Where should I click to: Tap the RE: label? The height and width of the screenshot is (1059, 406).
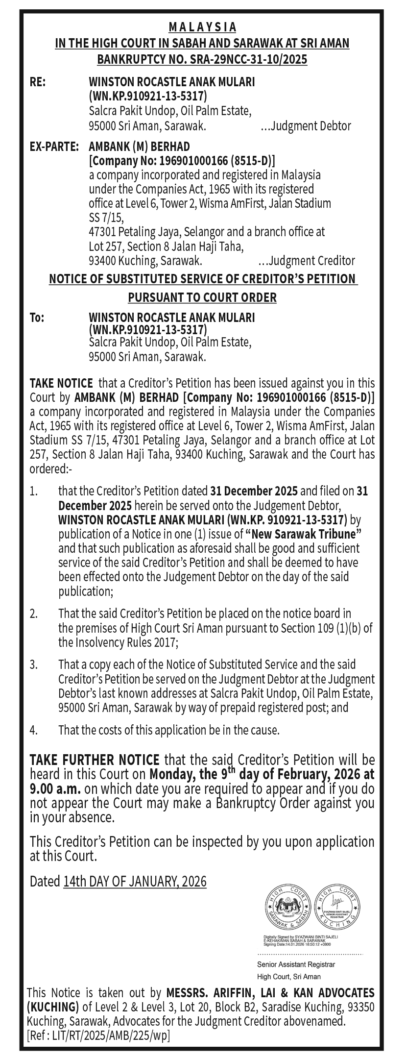[38, 82]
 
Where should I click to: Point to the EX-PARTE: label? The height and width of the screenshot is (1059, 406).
[54, 147]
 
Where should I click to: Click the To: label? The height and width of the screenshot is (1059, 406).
[37, 318]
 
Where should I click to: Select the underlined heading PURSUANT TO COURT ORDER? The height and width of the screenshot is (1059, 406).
[202, 297]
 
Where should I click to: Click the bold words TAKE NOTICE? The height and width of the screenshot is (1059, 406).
[61, 383]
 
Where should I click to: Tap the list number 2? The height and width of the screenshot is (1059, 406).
[33, 614]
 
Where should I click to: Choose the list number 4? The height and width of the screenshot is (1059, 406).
[33, 730]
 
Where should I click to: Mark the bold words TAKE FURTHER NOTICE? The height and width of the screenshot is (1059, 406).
[95, 760]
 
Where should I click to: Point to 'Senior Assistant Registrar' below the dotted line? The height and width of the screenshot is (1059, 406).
[296, 964]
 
